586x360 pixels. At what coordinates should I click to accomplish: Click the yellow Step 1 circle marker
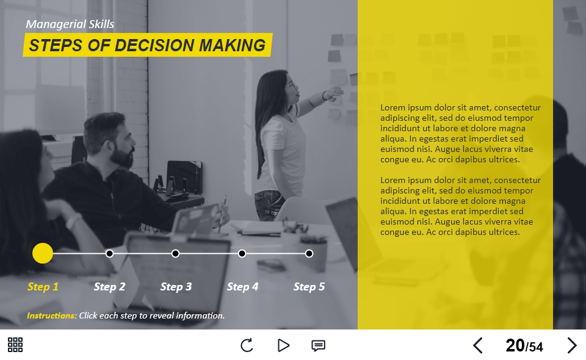tap(43, 253)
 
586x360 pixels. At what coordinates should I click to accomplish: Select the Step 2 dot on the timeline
tap(109, 253)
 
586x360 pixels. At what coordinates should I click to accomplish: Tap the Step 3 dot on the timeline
tap(176, 253)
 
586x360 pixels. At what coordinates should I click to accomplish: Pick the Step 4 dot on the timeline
tap(242, 253)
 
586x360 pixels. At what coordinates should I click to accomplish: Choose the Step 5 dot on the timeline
tap(309, 253)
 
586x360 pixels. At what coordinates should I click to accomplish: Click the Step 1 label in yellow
tap(43, 287)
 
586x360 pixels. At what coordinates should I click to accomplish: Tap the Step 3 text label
tap(176, 287)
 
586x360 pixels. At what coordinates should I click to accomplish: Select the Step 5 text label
tap(309, 287)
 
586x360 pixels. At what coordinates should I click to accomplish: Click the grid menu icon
tap(15, 345)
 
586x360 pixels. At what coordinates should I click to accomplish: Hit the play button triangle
tap(283, 345)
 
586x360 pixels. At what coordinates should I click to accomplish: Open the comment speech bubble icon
tap(318, 345)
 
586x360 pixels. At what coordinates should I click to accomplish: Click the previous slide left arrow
tap(478, 345)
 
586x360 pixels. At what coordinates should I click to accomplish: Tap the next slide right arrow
tap(571, 345)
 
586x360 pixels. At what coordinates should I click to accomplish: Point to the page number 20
tap(515, 345)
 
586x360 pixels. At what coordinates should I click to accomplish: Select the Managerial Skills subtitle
tap(70, 24)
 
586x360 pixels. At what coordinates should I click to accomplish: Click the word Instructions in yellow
tap(52, 315)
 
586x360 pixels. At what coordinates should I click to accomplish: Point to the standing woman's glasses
tap(292, 84)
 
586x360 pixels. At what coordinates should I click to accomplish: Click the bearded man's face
tap(125, 146)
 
